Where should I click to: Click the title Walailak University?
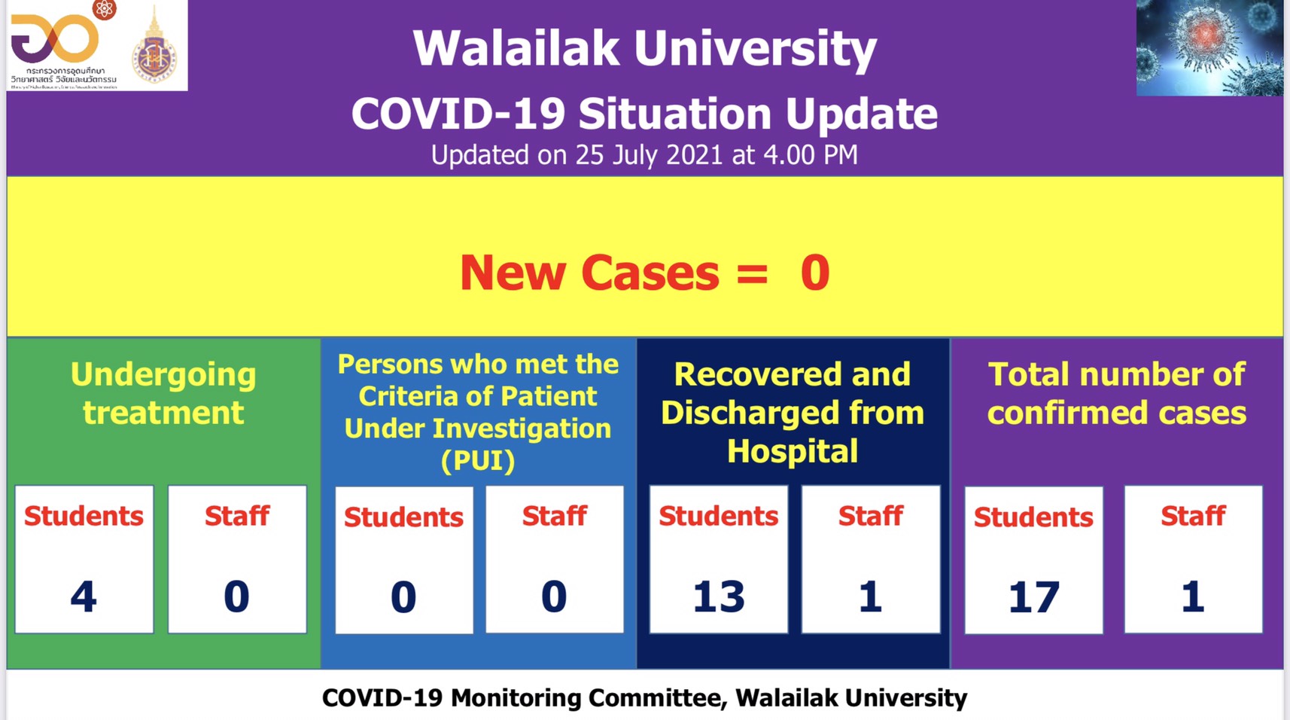[x=644, y=49]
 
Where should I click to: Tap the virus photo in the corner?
[x=1209, y=47]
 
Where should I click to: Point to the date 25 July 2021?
[x=649, y=155]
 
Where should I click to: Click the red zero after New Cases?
[x=815, y=273]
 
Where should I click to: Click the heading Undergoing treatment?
[x=163, y=393]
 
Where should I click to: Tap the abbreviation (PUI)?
[x=478, y=460]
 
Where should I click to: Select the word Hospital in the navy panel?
[x=793, y=451]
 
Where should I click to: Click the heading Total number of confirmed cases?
[x=1116, y=393]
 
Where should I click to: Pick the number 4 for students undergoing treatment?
[x=84, y=596]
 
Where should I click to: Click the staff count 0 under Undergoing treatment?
[x=236, y=596]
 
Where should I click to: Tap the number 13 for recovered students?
[x=719, y=596]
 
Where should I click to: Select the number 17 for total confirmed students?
[x=1033, y=597]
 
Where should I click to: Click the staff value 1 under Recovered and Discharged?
[x=870, y=596]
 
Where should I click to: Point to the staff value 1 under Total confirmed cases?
[x=1192, y=596]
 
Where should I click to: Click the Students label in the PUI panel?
[x=403, y=517]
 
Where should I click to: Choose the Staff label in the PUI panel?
[x=554, y=516]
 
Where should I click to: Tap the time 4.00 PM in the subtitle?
[x=810, y=155]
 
